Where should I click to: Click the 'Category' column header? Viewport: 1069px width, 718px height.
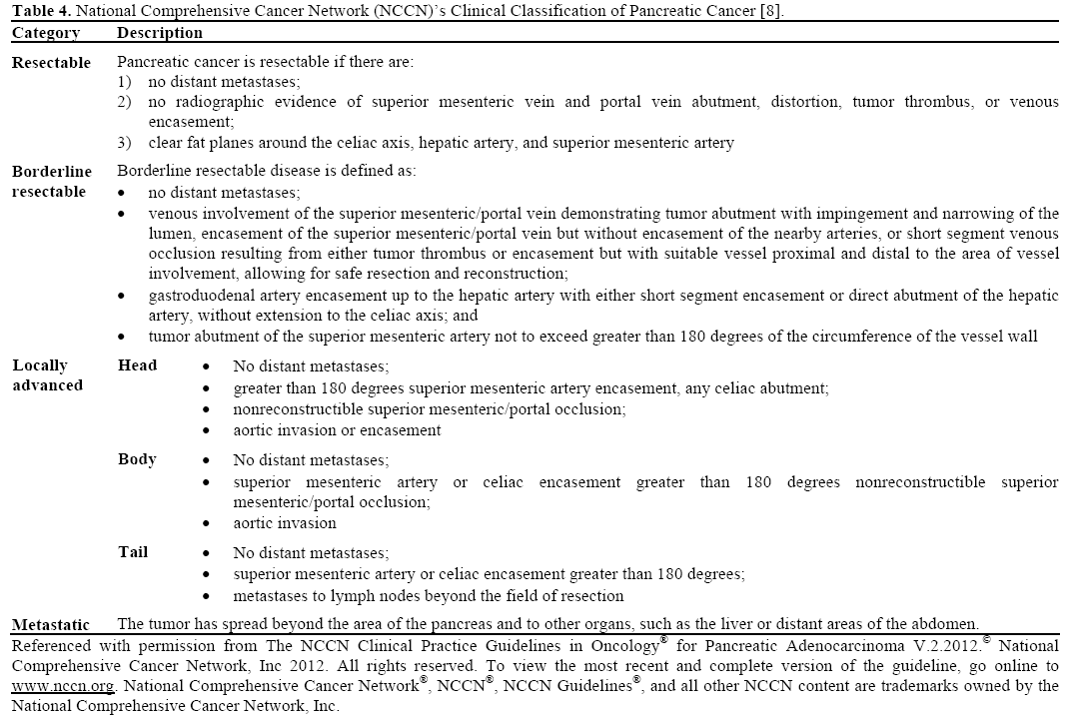[46, 33]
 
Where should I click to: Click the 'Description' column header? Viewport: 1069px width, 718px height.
[160, 33]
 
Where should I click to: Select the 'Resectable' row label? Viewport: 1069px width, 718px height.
[51, 63]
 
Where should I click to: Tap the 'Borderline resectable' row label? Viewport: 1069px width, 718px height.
[51, 182]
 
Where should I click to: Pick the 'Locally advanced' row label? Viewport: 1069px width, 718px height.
[47, 375]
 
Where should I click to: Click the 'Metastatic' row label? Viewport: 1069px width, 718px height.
[51, 625]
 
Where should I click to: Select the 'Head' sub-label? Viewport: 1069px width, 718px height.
[137, 365]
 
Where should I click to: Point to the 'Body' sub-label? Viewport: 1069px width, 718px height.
[137, 459]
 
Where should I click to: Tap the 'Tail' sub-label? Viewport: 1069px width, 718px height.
[134, 552]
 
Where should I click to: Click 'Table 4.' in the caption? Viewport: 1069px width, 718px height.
[40, 12]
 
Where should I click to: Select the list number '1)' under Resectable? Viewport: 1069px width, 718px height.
[125, 82]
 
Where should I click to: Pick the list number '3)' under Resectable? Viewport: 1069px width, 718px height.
[125, 143]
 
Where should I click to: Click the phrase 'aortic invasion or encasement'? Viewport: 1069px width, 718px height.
[337, 430]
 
